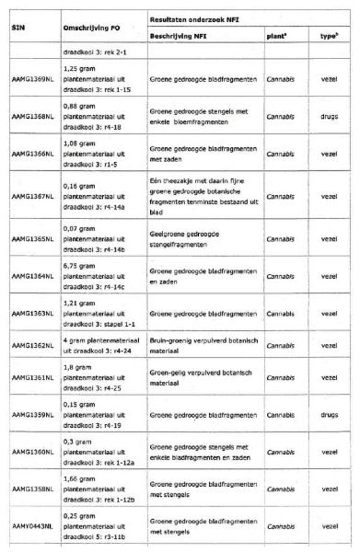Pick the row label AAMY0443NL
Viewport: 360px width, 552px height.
pyautogui.click(x=32, y=527)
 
